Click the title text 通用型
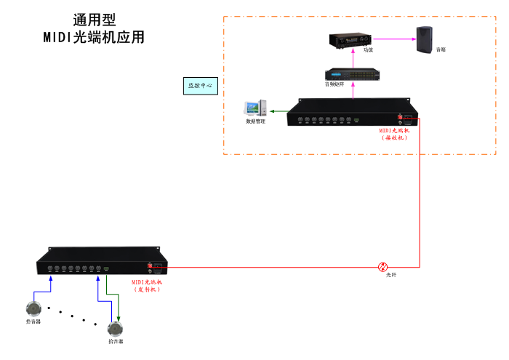pyautogui.click(x=94, y=20)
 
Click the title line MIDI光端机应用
pyautogui.click(x=94, y=37)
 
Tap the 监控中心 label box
pyautogui.click(x=200, y=85)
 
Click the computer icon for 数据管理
pyautogui.click(x=254, y=109)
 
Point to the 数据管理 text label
pyautogui.click(x=255, y=121)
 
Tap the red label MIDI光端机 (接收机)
pyautogui.click(x=398, y=134)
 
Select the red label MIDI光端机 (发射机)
pyautogui.click(x=148, y=285)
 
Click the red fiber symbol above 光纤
pyautogui.click(x=383, y=267)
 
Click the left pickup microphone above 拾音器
pyautogui.click(x=33, y=307)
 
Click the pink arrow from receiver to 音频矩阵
pyautogui.click(x=353, y=89)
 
